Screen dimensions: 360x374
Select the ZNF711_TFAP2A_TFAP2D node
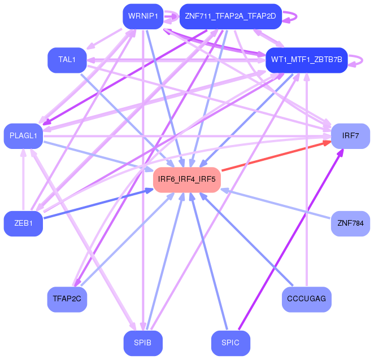(230, 16)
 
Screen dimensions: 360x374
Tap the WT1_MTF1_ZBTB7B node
(307, 60)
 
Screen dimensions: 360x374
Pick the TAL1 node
(67, 60)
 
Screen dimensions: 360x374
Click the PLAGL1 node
(24, 136)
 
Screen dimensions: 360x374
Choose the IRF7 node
(350, 136)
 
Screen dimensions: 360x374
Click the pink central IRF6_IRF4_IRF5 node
(186, 179)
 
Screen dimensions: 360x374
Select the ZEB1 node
(24, 223)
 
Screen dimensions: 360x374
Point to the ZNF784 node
(350, 223)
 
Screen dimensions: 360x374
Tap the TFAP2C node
(67, 299)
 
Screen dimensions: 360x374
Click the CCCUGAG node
(306, 299)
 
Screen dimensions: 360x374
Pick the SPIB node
(143, 343)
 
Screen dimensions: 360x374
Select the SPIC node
(231, 343)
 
